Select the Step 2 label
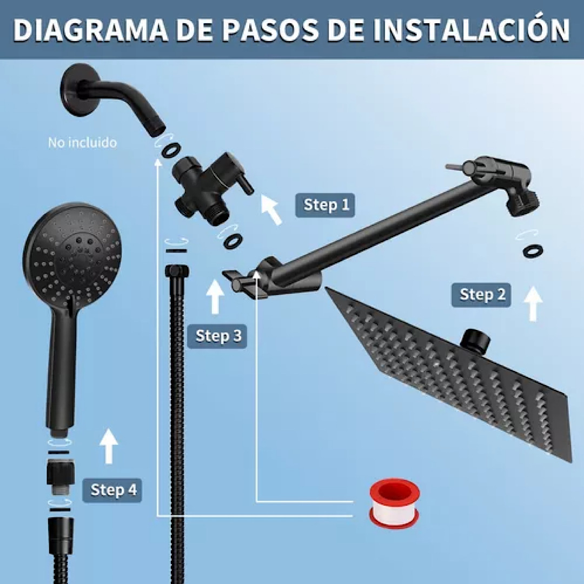[x=481, y=295]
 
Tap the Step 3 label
[x=217, y=336]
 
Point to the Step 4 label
[x=112, y=490]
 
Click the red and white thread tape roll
[x=394, y=502]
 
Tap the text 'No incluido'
[x=82, y=143]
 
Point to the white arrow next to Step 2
[x=534, y=303]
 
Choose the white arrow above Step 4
[x=109, y=446]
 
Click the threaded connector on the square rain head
[x=476, y=340]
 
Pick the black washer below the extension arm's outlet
[x=533, y=251]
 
